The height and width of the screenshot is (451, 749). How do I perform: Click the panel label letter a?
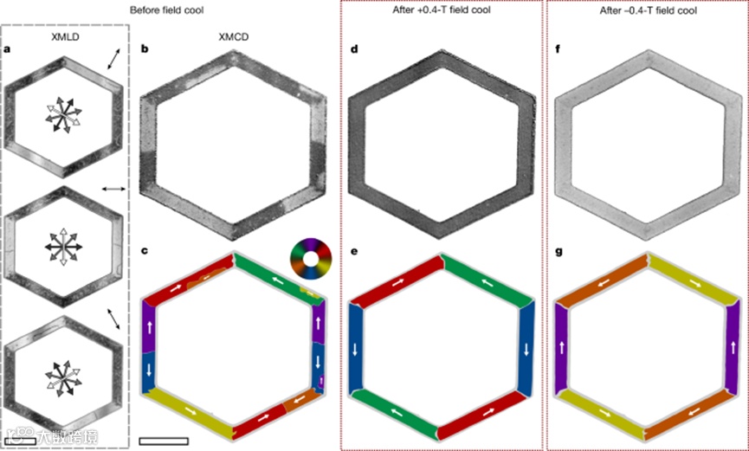8,49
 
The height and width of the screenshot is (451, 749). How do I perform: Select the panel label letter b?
145,49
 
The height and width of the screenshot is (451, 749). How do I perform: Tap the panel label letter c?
145,252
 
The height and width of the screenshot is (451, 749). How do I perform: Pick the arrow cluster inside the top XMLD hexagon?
65,115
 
